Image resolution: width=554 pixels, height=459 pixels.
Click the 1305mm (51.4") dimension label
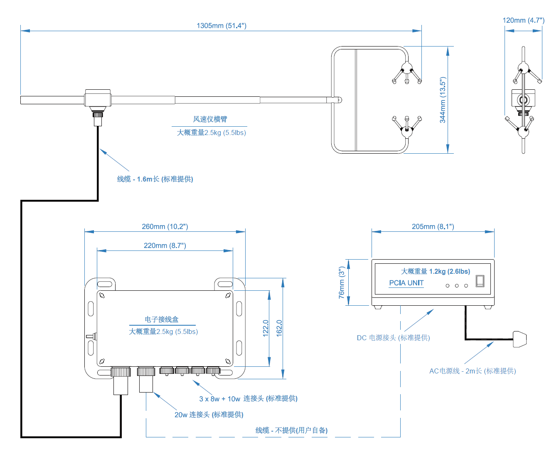tap(221, 26)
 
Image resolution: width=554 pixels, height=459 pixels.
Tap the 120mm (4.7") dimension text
tap(523, 20)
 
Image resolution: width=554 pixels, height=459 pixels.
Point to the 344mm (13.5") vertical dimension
tap(443, 100)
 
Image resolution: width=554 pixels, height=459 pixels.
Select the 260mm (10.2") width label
tap(165, 226)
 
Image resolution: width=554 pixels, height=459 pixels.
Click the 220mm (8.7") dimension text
tap(165, 245)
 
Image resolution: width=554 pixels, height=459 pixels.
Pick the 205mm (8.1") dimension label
tap(433, 226)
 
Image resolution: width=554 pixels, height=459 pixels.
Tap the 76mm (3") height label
tap(342, 282)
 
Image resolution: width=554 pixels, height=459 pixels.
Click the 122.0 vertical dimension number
tap(266, 328)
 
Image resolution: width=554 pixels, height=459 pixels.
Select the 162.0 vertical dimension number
tap(279, 328)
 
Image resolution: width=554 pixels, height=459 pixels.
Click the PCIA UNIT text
tap(406, 283)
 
